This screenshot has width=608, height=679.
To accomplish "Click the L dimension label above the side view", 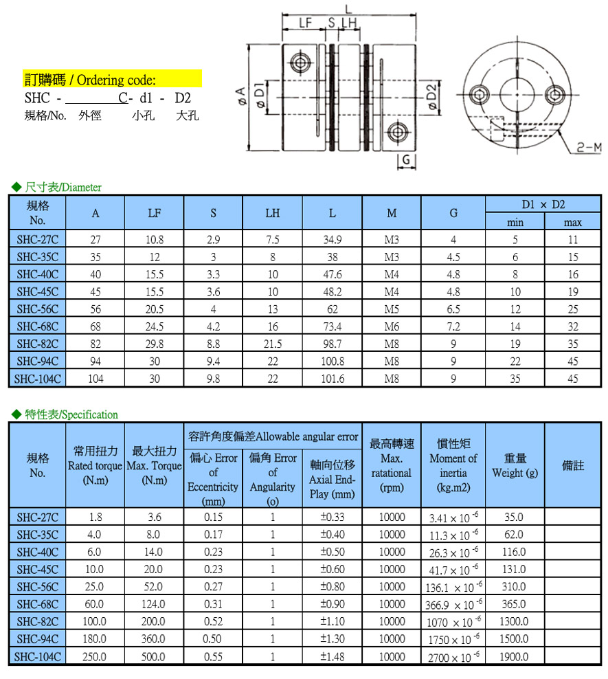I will pyautogui.click(x=348, y=9).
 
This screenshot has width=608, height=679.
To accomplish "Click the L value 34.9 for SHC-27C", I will pyautogui.click(x=332, y=240).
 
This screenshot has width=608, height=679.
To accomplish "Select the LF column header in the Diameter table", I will pyautogui.click(x=155, y=213).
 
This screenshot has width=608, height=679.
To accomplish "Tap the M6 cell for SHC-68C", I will pyautogui.click(x=392, y=326).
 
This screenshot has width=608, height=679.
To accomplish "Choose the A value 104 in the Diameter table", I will pyautogui.click(x=95, y=379).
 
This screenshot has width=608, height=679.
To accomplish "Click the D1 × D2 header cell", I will pyautogui.click(x=543, y=204).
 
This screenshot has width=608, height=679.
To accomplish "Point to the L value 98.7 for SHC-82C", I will pyautogui.click(x=332, y=344).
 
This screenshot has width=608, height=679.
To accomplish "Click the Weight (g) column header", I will pyautogui.click(x=515, y=465).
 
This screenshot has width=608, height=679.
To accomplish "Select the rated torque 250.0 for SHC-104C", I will pyautogui.click(x=95, y=656).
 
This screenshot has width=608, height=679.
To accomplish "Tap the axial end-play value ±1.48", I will pyautogui.click(x=332, y=656).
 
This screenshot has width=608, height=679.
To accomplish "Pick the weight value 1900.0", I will pyautogui.click(x=515, y=656).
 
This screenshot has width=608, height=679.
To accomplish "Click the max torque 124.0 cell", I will pyautogui.click(x=153, y=604).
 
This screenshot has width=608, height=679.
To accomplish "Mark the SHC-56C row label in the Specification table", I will pyautogui.click(x=38, y=586).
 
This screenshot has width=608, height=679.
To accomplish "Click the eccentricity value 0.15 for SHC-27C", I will pyautogui.click(x=213, y=517).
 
